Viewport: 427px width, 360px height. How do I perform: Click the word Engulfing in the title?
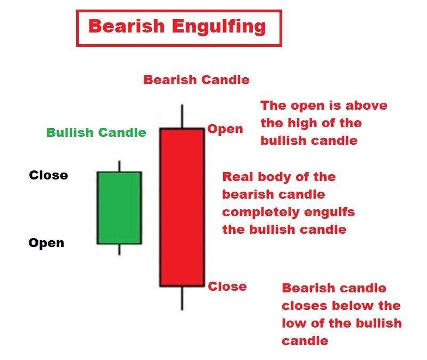tap(219, 27)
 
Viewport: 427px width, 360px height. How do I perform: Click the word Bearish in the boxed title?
tap(127, 26)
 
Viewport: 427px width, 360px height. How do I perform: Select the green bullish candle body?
tap(119, 208)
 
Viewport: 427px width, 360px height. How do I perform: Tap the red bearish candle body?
tap(182, 207)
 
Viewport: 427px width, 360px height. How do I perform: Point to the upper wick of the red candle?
tap(182, 116)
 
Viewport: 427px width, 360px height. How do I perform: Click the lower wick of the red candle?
tap(182, 298)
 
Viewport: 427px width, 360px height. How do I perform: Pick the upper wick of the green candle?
tap(119, 166)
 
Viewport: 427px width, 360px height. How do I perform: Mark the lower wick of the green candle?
tap(119, 249)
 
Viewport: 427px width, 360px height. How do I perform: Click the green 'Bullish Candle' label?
tap(96, 133)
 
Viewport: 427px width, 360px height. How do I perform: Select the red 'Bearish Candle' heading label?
tap(196, 80)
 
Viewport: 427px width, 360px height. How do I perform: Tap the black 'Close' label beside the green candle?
tap(48, 175)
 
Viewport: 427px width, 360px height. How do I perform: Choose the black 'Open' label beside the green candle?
tap(46, 243)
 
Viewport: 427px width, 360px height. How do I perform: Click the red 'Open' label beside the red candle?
tap(225, 129)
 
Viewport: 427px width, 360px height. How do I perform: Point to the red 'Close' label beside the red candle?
tap(227, 287)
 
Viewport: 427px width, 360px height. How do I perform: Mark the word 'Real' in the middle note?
tap(238, 177)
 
